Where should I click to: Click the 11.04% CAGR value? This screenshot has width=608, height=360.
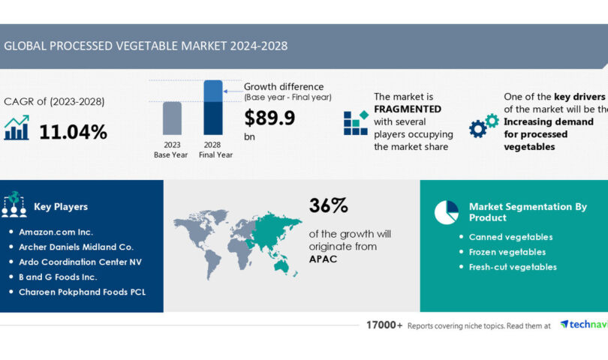[x=73, y=132]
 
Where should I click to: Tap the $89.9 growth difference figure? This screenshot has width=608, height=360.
[x=269, y=118]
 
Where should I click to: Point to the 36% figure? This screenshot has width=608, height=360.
[x=328, y=205]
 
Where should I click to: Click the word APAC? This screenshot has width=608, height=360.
[x=324, y=259]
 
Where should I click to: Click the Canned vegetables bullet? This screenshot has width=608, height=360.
[x=510, y=237]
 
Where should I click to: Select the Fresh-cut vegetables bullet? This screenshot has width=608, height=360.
[x=513, y=267]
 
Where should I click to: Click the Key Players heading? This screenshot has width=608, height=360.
[x=61, y=207]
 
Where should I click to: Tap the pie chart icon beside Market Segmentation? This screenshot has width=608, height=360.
[x=447, y=212]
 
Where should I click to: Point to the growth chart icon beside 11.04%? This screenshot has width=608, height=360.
[x=17, y=127]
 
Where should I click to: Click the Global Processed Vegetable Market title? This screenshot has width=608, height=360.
[x=146, y=46]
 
